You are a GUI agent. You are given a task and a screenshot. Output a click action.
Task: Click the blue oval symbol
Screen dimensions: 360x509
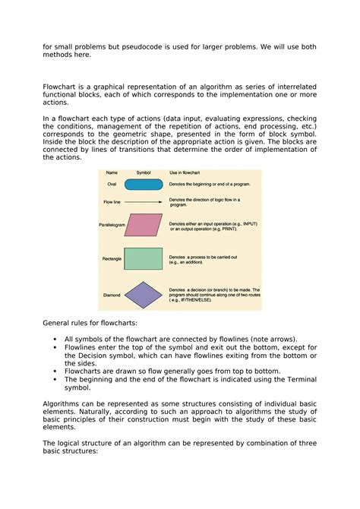click(143, 184)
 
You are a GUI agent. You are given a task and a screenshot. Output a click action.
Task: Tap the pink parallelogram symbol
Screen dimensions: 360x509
click(143, 225)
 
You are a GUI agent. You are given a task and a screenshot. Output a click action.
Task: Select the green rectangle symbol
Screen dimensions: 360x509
click(143, 259)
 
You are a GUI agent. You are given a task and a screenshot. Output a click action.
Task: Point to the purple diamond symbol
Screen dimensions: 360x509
click(143, 295)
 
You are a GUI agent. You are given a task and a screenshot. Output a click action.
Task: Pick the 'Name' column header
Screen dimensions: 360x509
click(112, 172)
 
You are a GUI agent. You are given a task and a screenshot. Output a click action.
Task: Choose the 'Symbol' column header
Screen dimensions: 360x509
click(144, 172)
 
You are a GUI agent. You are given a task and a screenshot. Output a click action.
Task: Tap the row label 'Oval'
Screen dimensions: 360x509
click(112, 185)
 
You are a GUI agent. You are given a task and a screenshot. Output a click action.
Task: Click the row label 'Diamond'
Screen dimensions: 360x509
click(111, 295)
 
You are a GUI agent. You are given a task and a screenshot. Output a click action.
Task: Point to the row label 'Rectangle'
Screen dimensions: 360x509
click(112, 259)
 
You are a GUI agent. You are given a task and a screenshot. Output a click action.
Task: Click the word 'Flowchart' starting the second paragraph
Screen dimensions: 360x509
click(62, 87)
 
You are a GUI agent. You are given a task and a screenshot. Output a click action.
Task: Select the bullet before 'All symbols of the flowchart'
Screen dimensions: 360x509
click(56, 340)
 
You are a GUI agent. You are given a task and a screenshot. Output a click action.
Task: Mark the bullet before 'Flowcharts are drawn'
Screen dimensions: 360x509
click(56, 371)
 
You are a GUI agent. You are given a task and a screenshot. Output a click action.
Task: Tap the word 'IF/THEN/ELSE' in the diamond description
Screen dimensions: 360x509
click(213, 300)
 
